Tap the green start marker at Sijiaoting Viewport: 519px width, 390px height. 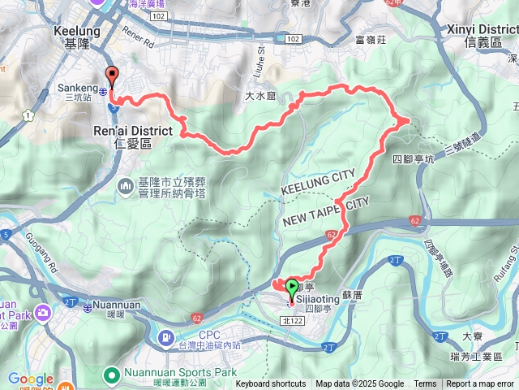click(x=291, y=287)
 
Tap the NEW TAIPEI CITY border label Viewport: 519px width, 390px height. click(x=326, y=212)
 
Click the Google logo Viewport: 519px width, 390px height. click(x=31, y=378)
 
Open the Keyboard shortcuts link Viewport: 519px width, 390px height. click(x=271, y=384)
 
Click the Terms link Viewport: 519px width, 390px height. click(x=425, y=384)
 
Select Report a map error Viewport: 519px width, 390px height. click(x=481, y=384)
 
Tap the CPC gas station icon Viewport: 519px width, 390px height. click(x=166, y=336)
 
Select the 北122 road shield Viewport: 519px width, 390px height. click(x=297, y=321)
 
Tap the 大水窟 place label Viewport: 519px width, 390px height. click(x=260, y=96)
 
